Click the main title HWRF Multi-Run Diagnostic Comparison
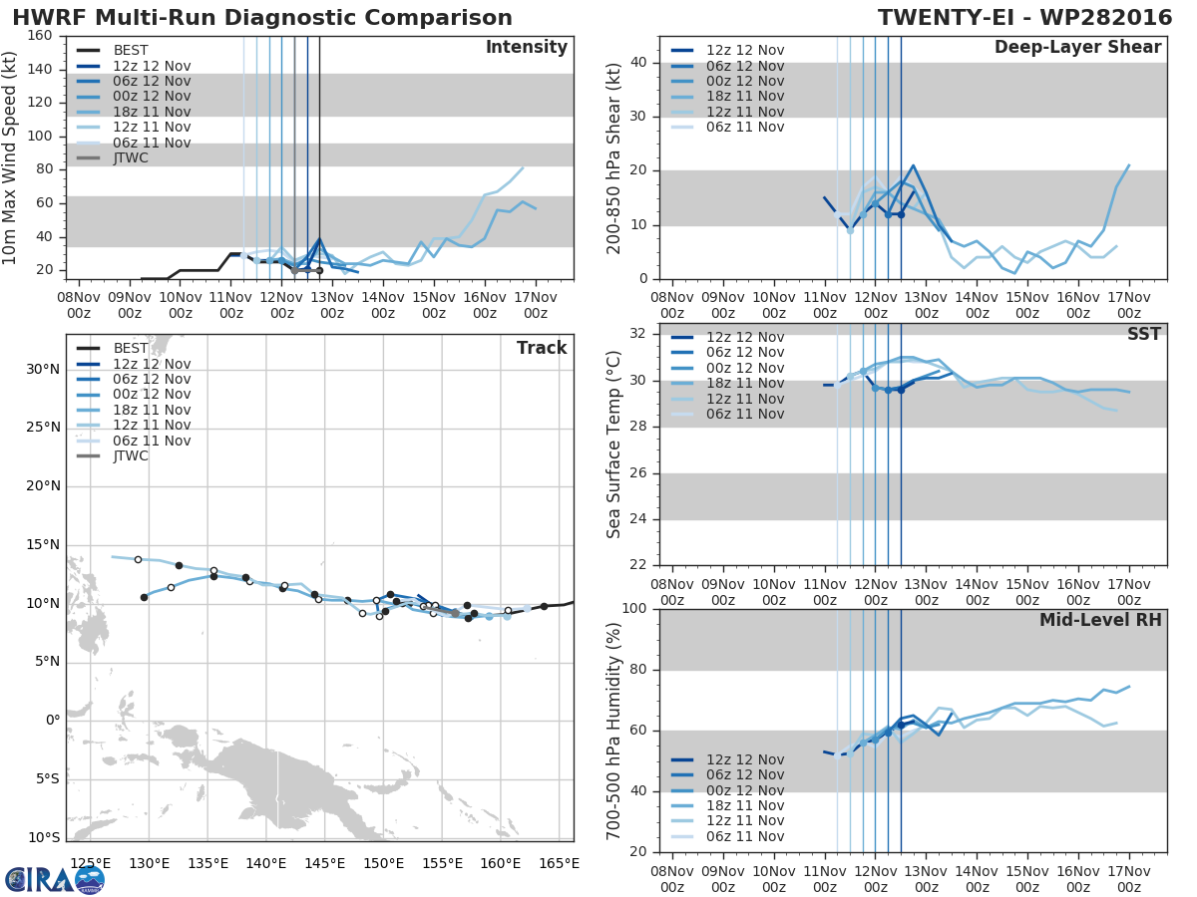262,17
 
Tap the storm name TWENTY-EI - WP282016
1024,17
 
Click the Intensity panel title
527,48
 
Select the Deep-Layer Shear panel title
1077,48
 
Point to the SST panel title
1144,334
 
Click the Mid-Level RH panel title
1100,620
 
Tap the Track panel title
542,348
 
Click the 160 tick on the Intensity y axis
39,36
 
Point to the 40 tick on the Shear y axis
638,62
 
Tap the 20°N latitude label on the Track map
43,485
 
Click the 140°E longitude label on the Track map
265,864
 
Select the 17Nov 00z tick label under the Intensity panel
536,305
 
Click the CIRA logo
55,880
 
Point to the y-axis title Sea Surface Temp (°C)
613,445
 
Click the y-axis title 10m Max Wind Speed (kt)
9,157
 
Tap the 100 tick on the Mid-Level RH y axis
634,608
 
